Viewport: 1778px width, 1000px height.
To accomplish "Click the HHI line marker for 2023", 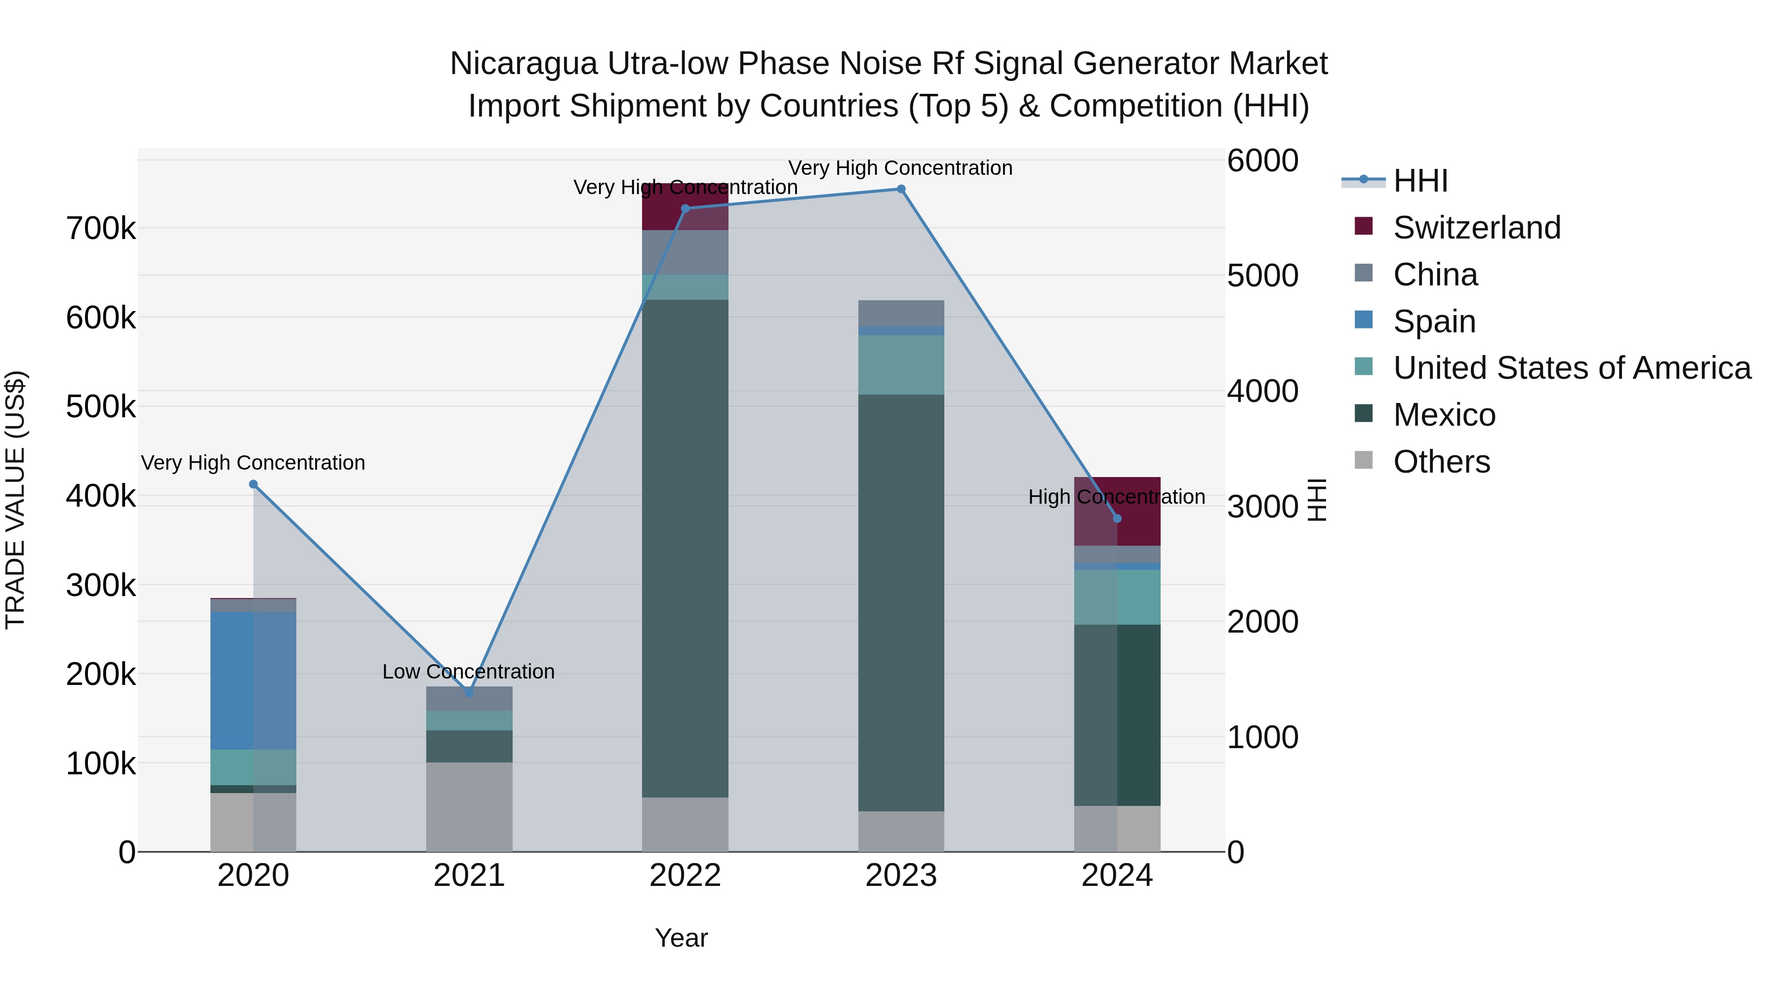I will coord(901,189).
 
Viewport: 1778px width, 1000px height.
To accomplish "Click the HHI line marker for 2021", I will coord(469,692).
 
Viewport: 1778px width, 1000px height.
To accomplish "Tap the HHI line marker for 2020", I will coord(253,484).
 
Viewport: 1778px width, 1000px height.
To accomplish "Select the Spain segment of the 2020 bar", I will coord(253,680).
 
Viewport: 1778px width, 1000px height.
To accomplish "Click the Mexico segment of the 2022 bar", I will coord(685,549).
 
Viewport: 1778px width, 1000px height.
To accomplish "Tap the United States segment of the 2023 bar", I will coord(901,364).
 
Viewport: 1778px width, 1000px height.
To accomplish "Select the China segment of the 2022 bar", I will coord(685,252).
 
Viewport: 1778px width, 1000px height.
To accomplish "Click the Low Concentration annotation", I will coord(468,672).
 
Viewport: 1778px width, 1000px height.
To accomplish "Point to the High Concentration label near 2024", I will coord(1116,497).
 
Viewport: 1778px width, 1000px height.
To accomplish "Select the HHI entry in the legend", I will coord(1420,181).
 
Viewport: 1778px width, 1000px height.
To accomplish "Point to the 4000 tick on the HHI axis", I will coord(1262,391).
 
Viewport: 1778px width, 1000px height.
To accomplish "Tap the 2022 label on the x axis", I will coord(685,876).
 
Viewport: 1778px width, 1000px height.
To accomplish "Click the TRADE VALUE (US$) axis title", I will coord(15,500).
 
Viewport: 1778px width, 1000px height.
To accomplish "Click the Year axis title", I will coord(681,938).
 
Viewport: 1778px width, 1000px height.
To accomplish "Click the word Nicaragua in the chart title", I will coord(523,64).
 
